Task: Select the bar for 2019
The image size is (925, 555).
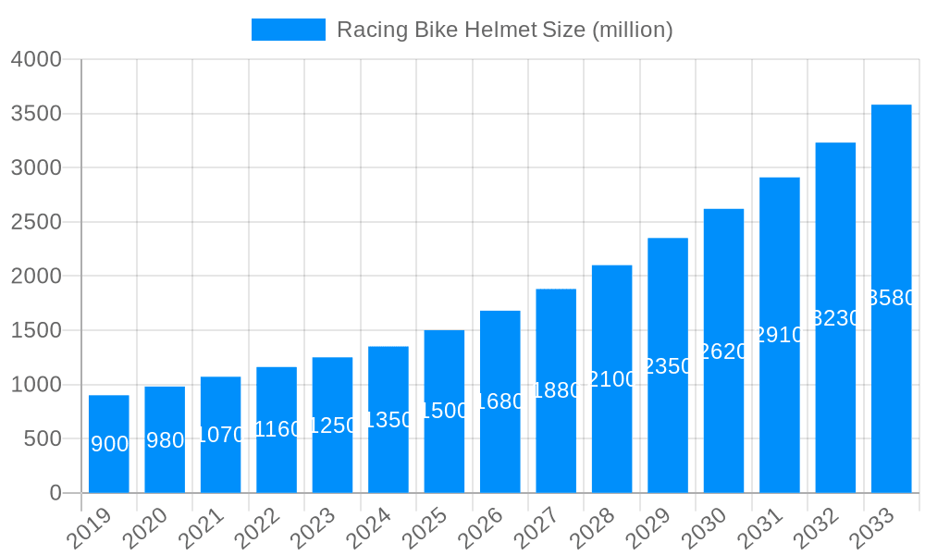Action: click(109, 444)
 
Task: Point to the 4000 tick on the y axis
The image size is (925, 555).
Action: click(36, 59)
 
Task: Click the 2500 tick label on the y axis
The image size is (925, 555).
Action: click(36, 222)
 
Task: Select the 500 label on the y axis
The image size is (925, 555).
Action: click(43, 438)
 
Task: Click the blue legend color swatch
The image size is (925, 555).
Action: click(289, 30)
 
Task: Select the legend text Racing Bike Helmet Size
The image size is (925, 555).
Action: click(504, 30)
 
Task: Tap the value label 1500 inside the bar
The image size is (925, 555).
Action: click(444, 411)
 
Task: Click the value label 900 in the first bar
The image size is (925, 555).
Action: click(109, 444)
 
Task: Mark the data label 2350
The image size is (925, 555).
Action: click(668, 366)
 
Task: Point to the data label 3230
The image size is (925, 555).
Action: click(835, 318)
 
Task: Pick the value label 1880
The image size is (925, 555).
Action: click(556, 390)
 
